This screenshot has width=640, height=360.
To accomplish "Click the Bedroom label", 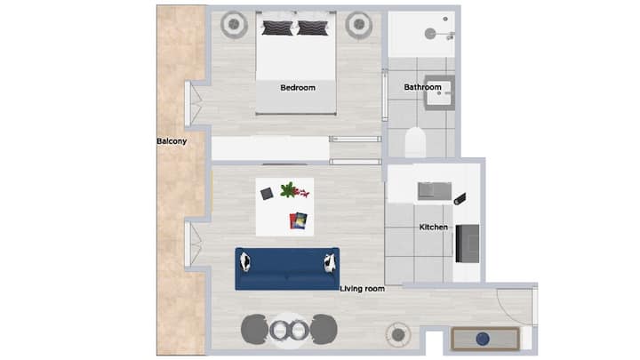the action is (x=298, y=88).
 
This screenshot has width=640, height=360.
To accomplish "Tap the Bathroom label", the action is (x=422, y=87).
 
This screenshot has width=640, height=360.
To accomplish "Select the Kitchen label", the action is (x=434, y=227).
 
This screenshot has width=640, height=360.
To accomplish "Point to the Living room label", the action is (x=362, y=289).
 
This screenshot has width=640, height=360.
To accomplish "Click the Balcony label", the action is (x=172, y=141).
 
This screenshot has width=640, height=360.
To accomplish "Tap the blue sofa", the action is (x=287, y=269).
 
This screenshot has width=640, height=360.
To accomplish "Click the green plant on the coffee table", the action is (x=289, y=190).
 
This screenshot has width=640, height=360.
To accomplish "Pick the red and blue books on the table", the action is (x=299, y=220).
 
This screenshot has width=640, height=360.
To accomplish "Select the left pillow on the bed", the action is (x=277, y=28).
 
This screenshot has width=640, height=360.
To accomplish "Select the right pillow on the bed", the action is (x=313, y=28).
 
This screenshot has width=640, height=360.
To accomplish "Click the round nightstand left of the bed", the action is (x=234, y=25).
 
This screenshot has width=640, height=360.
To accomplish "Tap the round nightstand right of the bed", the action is (x=359, y=25).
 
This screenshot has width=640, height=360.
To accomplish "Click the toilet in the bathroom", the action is (x=415, y=142).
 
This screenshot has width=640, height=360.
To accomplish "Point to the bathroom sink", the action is (x=440, y=93).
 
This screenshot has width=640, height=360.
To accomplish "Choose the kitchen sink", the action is (x=435, y=191).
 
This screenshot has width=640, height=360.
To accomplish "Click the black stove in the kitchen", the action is (x=468, y=244).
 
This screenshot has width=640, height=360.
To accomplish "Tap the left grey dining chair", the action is (x=254, y=329).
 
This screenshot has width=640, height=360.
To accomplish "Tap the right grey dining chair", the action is (x=324, y=329).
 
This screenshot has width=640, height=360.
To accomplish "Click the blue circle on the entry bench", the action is (x=483, y=339).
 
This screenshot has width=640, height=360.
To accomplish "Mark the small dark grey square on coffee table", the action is (x=267, y=194).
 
